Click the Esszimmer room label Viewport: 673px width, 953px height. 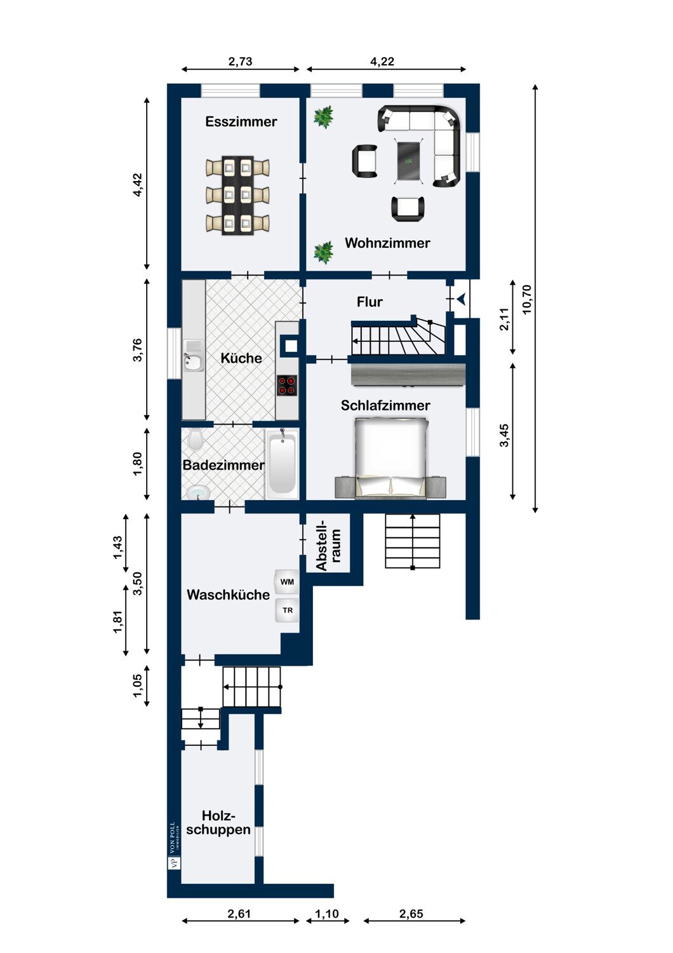[241, 122]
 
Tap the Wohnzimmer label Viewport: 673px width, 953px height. [387, 243]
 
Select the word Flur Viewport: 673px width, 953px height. [370, 302]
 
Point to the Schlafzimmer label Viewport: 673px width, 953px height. [385, 405]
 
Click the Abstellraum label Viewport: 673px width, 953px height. [328, 544]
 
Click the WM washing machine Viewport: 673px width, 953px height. [287, 581]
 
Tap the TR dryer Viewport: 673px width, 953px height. [287, 610]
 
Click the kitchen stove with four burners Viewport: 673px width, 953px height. [287, 386]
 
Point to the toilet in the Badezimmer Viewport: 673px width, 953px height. [195, 440]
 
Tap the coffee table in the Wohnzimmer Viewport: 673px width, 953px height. [409, 160]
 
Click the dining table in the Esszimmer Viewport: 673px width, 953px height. [237, 195]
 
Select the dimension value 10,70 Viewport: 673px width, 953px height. [527, 299]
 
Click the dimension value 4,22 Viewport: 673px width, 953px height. [382, 61]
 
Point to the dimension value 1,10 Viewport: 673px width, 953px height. [327, 914]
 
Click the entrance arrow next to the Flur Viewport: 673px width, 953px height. [462, 299]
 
